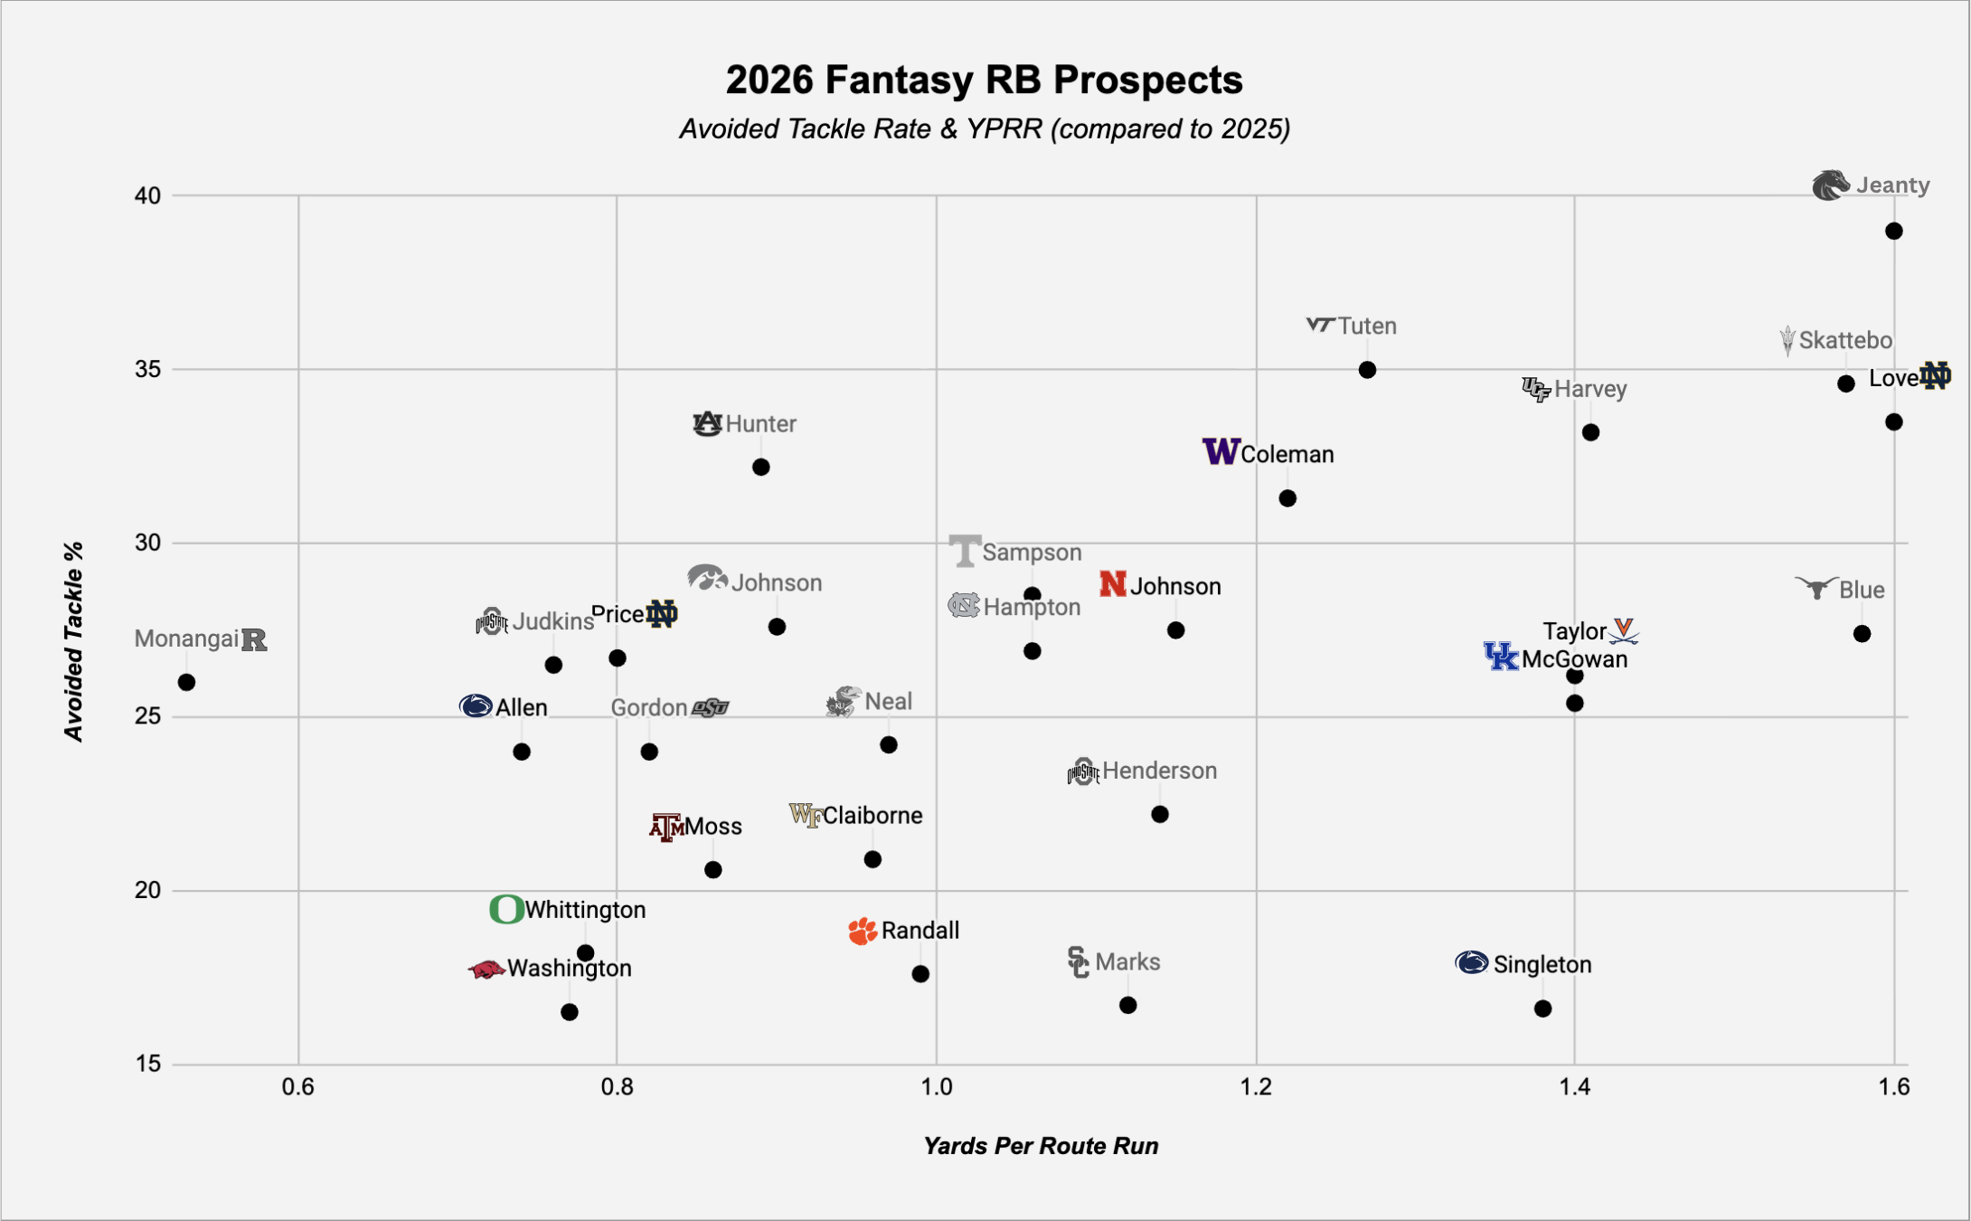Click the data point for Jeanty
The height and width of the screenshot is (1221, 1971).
click(x=1893, y=232)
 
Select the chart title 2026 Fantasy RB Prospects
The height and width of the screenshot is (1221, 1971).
click(x=984, y=80)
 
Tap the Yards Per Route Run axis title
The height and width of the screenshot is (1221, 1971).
click(x=1040, y=1146)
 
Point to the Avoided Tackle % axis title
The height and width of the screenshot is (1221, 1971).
click(x=74, y=641)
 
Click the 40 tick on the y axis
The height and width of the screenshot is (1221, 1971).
click(x=147, y=195)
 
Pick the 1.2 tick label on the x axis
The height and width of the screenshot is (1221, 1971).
click(x=1255, y=1086)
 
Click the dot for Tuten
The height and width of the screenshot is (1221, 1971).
click(x=1367, y=370)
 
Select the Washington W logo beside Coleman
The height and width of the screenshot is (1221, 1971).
click(x=1220, y=450)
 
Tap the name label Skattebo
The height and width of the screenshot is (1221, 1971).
click(x=1844, y=341)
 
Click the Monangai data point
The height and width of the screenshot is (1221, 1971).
click(x=186, y=682)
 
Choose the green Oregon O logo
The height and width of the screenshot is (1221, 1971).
click(x=506, y=909)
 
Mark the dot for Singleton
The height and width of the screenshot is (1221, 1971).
click(x=1542, y=1008)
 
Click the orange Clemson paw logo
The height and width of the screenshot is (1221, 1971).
click(x=863, y=931)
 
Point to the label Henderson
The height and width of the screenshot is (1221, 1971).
click(x=1159, y=771)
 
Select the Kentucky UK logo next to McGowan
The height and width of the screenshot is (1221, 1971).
click(x=1501, y=657)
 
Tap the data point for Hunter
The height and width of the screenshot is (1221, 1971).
click(x=760, y=467)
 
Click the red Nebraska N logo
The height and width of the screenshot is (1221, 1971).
click(x=1112, y=584)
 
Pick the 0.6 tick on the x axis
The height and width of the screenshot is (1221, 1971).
click(x=298, y=1086)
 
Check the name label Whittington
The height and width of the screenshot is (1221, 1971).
click(x=585, y=910)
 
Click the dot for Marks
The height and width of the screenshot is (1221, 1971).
click(x=1127, y=1005)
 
